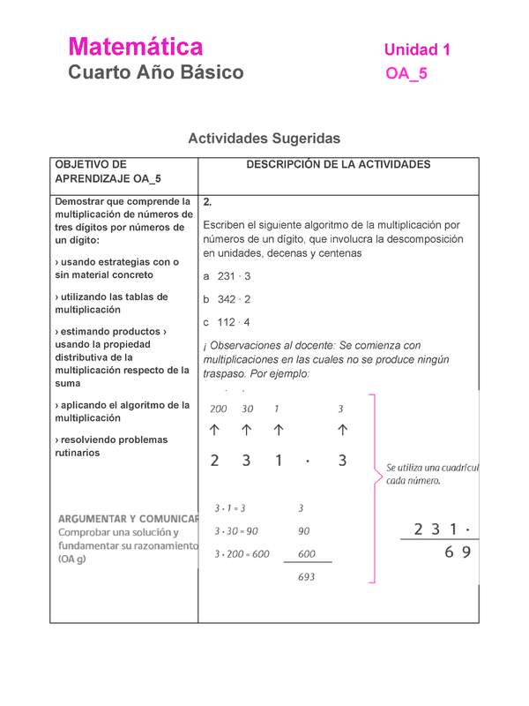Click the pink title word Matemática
pos(136,47)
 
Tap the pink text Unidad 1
pos(417,50)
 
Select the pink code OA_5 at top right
pos(406,74)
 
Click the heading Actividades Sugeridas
pos(264,139)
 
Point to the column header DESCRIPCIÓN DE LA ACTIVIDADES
pos(338,165)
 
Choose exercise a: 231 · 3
pos(227,276)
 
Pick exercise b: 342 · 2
pos(227,299)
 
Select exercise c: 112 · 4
pos(227,322)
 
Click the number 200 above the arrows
pos(218,409)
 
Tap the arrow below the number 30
pos(248,430)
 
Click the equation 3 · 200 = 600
pos(242,553)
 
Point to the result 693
pos(306,577)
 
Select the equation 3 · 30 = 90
pos(236,531)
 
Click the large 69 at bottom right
pos(453,553)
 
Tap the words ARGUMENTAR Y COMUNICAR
pos(129,519)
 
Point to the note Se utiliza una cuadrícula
pos(431,468)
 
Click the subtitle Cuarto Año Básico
pos(156,73)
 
